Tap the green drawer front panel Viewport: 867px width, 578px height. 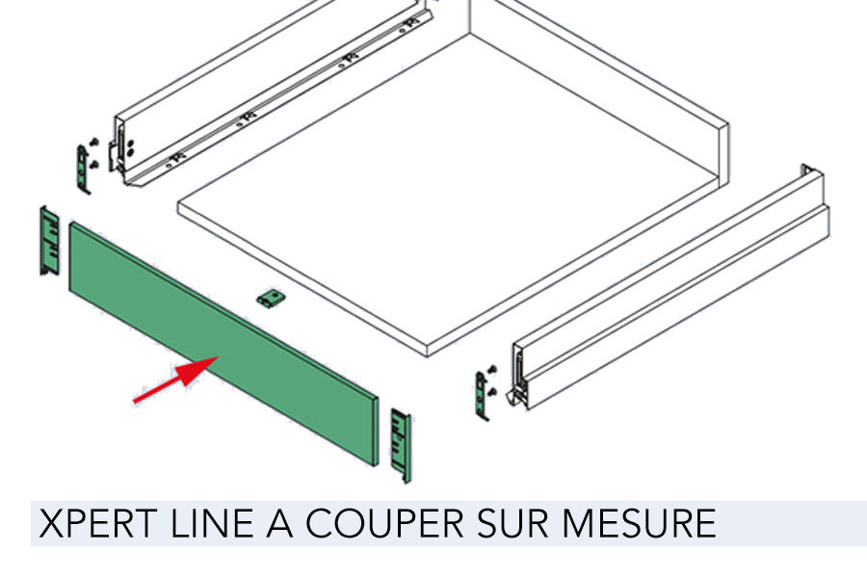(223, 343)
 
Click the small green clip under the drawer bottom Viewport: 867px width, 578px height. (271, 299)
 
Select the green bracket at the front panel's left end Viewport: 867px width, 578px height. (50, 241)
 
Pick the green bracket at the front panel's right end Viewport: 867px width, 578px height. (401, 445)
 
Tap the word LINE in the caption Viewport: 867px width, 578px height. (212, 523)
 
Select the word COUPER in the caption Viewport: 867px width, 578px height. (384, 523)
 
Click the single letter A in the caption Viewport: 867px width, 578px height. (279, 523)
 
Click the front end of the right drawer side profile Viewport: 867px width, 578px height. (521, 376)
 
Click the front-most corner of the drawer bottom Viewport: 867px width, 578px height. (427, 355)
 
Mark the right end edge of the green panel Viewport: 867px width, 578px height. (378, 432)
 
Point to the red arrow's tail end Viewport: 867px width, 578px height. (134, 402)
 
